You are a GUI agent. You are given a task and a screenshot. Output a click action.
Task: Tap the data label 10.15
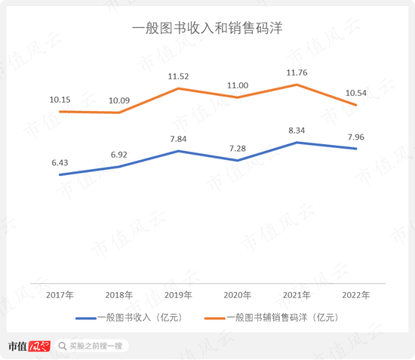[60, 99]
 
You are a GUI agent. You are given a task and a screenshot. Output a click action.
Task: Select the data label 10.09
[118, 100]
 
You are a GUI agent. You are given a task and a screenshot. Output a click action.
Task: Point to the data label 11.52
[178, 76]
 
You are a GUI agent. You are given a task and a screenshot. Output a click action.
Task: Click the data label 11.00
[238, 85]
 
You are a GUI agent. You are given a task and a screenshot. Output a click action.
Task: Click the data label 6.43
[60, 162]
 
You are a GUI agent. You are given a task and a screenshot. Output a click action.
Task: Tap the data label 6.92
[118, 154]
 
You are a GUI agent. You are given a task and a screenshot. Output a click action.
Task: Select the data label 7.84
[178, 139]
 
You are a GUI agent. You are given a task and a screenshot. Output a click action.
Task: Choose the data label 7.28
[238, 148]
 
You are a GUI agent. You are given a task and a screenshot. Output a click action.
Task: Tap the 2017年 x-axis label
[60, 294]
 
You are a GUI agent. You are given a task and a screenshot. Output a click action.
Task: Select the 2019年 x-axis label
[178, 294]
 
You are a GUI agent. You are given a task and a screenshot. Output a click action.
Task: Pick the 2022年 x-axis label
[355, 294]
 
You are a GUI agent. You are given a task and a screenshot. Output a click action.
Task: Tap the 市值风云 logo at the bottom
[28, 346]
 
